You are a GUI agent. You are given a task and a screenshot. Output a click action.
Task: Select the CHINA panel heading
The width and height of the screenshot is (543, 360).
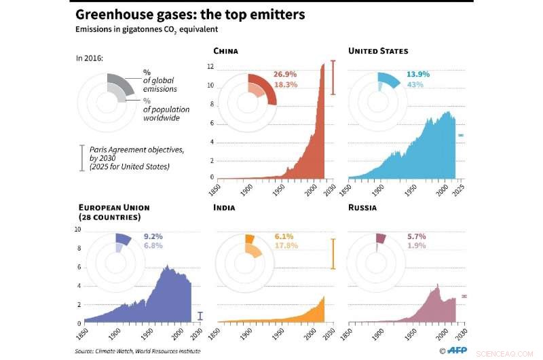click(x=225, y=51)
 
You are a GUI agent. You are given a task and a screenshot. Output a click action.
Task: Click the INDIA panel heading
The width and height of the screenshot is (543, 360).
click(x=224, y=207)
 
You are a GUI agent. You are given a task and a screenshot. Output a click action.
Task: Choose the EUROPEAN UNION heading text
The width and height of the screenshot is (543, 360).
click(x=114, y=207)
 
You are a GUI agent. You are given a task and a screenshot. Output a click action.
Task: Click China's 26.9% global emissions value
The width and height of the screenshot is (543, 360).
click(x=285, y=73)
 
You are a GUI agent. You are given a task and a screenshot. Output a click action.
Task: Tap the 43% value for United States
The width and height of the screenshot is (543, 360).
click(x=415, y=84)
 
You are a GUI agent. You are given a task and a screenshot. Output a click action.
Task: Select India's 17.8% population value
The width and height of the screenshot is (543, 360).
click(x=286, y=246)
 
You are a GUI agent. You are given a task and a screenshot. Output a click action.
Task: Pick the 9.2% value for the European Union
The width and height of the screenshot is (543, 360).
click(x=153, y=236)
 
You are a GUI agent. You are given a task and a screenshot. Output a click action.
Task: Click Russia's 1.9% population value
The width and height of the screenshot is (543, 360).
click(x=417, y=246)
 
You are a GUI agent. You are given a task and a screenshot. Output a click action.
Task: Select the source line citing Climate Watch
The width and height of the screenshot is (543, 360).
click(x=138, y=351)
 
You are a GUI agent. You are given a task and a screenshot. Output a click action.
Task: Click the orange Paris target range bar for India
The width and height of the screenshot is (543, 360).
click(x=333, y=253)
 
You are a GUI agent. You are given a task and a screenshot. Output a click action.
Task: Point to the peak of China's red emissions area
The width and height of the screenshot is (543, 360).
click(x=323, y=65)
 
